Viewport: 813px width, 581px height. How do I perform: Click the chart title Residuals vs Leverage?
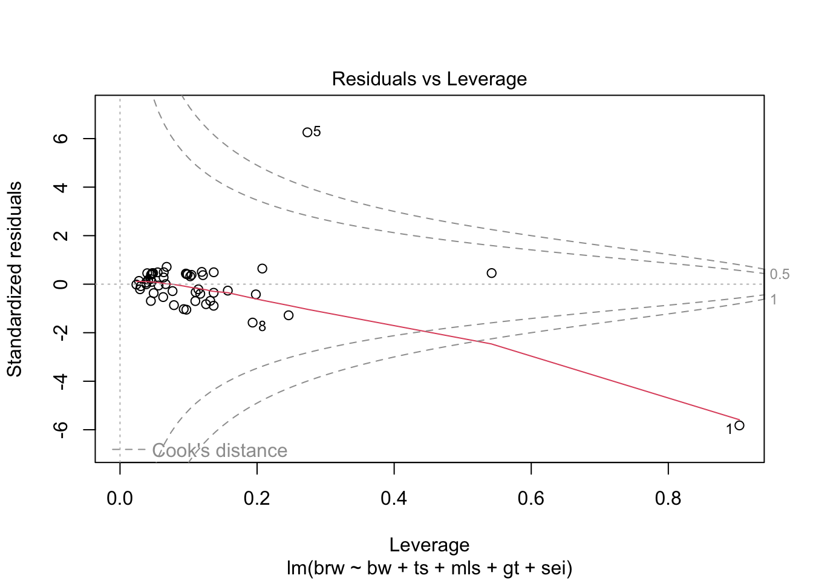[429, 79]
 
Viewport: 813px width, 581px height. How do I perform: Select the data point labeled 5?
[307, 132]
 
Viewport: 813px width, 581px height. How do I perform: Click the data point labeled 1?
[739, 425]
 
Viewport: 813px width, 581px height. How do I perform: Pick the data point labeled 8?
[253, 323]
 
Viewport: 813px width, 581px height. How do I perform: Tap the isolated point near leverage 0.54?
[491, 273]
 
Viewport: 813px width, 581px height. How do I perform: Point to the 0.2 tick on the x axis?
[257, 499]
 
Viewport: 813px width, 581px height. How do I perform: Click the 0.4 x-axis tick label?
[394, 499]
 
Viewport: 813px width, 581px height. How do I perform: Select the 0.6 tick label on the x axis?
[531, 499]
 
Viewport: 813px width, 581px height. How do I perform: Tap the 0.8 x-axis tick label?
[668, 499]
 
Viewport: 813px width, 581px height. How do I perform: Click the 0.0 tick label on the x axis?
[120, 499]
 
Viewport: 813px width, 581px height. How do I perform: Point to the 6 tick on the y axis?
[61, 139]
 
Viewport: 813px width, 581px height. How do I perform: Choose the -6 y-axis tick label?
[61, 430]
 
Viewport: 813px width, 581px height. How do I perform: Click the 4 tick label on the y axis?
[61, 187]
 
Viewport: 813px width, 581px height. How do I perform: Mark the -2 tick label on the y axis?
[61, 333]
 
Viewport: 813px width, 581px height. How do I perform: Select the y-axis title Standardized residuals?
[15, 279]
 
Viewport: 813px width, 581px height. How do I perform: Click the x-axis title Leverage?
[429, 545]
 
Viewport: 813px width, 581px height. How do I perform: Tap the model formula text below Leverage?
[429, 568]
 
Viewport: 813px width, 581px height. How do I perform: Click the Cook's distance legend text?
[220, 451]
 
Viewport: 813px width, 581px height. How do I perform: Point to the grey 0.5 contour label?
[780, 275]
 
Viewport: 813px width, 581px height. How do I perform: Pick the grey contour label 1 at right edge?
[774, 300]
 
